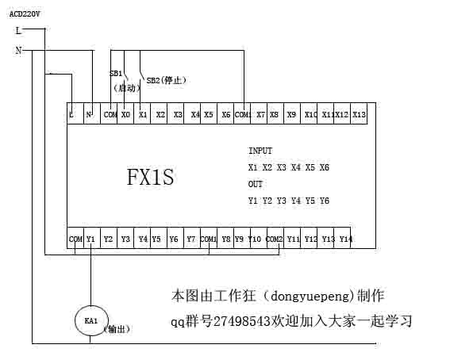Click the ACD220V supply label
[x=25, y=13]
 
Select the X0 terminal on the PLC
[x=125, y=114]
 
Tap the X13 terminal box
[x=359, y=114]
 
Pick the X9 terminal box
[x=292, y=114]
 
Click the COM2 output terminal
[x=275, y=238]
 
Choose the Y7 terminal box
[x=192, y=238]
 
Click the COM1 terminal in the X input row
[x=242, y=114]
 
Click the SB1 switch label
[x=116, y=74]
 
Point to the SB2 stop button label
[x=166, y=80]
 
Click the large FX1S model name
[x=150, y=177]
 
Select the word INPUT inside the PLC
[x=260, y=151]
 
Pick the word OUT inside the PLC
[x=255, y=184]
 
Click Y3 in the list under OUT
[x=281, y=201]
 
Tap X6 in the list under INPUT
[x=325, y=167]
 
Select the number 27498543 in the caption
[x=241, y=321]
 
